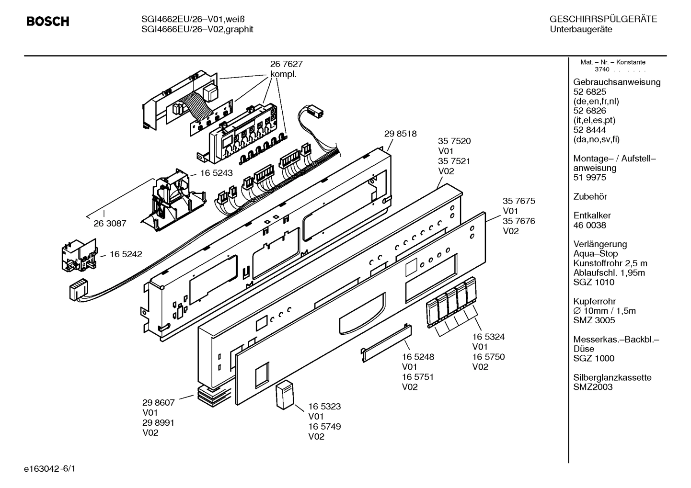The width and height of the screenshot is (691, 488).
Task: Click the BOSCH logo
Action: pyautogui.click(x=47, y=22)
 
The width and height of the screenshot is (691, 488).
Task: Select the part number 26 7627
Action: pyautogui.click(x=286, y=64)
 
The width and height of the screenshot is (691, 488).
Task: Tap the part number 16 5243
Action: pyautogui.click(x=216, y=173)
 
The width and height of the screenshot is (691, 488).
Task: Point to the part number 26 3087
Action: pyautogui.click(x=110, y=223)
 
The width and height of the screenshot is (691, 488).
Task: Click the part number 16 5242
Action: pyautogui.click(x=126, y=254)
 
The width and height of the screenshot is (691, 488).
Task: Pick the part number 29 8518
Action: pyautogui.click(x=400, y=134)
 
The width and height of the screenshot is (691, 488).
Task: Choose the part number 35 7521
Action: pyautogui.click(x=454, y=161)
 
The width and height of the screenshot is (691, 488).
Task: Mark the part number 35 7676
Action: pyautogui.click(x=518, y=221)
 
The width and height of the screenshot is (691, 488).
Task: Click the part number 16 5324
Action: pyautogui.click(x=488, y=337)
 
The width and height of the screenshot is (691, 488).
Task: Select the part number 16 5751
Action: pyautogui.click(x=417, y=377)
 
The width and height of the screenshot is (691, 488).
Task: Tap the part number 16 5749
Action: pyautogui.click(x=324, y=426)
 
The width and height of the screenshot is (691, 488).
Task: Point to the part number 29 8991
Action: pyautogui.click(x=158, y=422)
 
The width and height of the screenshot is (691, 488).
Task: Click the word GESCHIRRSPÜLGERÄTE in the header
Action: pyautogui.click(x=603, y=20)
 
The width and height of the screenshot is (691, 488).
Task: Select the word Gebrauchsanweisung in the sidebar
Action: pyautogui.click(x=617, y=82)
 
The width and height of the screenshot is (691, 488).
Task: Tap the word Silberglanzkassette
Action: pyautogui.click(x=612, y=377)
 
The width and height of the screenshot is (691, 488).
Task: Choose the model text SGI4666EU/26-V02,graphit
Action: pyautogui.click(x=197, y=29)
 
